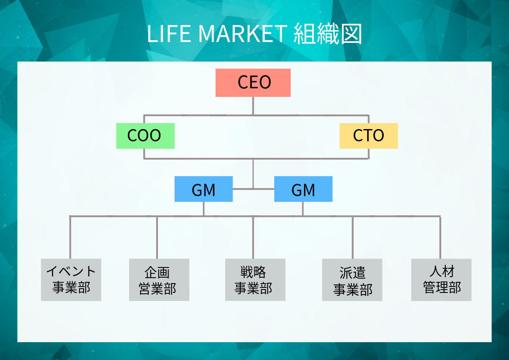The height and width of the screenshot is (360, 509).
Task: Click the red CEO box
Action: pos(253,83)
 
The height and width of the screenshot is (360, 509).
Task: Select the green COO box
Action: pos(145,136)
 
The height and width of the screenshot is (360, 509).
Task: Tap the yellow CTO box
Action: pos(368,136)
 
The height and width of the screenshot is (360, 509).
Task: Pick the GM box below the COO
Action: pos(203,189)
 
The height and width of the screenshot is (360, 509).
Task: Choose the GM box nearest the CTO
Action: pos(303,189)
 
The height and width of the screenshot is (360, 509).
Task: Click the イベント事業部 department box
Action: pos(71,280)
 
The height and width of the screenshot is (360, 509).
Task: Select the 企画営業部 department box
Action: pos(159,280)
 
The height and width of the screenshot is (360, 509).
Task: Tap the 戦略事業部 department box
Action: pos(255,279)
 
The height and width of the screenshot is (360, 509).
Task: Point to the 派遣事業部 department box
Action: pos(352,280)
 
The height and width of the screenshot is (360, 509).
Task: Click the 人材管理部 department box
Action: pos(441,280)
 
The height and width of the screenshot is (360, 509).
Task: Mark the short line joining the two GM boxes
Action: pos(253,188)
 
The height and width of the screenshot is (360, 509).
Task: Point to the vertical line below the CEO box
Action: pos(253,106)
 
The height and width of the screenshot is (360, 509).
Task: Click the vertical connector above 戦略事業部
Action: pos(253,238)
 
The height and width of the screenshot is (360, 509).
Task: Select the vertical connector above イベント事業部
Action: pos(70,238)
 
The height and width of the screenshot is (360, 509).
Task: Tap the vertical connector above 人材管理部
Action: pos(440,238)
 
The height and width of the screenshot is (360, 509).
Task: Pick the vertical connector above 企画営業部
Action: pos(157,238)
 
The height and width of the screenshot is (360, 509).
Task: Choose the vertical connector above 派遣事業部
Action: pos(353,238)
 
